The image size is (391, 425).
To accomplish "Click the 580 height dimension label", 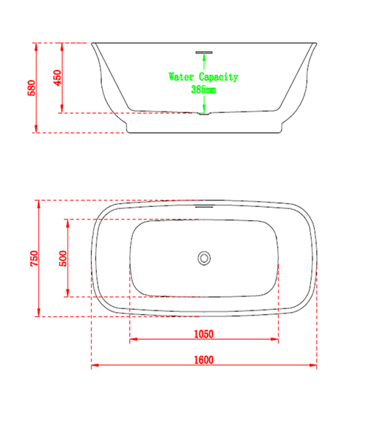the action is (x=32, y=88).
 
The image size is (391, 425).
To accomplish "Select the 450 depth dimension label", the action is (x=57, y=78).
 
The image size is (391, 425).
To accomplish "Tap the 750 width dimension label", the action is (x=34, y=258).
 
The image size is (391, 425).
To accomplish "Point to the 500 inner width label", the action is (x=63, y=258).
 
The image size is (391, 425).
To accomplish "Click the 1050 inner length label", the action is (x=204, y=334).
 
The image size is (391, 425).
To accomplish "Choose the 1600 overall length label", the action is (x=204, y=360).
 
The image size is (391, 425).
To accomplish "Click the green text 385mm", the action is (x=203, y=89).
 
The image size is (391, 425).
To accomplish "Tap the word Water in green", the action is (x=181, y=77).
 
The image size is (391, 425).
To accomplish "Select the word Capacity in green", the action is (x=219, y=77).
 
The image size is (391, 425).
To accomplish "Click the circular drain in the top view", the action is (x=204, y=258).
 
